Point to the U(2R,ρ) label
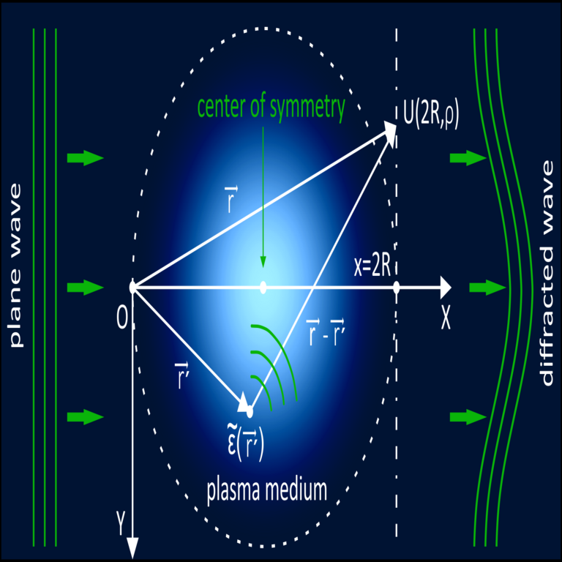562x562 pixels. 431,116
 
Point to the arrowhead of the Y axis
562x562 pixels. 133,547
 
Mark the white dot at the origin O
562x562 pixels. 132,287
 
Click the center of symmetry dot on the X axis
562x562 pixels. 263,287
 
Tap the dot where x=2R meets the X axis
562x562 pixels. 396,287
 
